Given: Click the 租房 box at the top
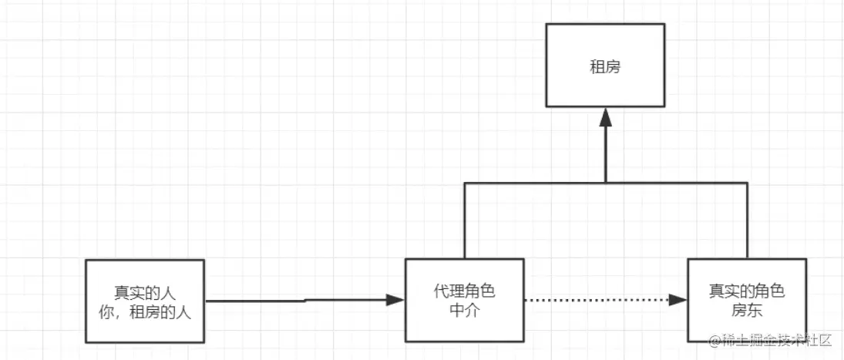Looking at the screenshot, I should coord(605,65).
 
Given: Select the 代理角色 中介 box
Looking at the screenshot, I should coord(464,300).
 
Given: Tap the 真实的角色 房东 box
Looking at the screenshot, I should coord(746,300).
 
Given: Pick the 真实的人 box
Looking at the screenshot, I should coord(144,301).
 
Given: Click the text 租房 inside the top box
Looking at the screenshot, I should coord(605,66).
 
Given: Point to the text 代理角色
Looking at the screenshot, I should coord(464,291).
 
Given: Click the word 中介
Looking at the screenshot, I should coord(464,310).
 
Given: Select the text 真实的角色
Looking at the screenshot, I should coord(746,291).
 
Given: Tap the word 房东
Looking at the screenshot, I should coord(746,310).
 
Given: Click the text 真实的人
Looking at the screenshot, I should coord(144,293).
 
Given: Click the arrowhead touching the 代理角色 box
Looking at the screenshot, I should coord(396,300).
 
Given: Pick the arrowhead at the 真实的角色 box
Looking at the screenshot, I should coord(678,299).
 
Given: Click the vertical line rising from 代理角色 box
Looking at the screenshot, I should coord(464,220).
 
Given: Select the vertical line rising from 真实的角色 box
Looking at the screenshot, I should coord(748,220).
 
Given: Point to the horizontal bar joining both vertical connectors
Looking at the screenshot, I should coord(540,182).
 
